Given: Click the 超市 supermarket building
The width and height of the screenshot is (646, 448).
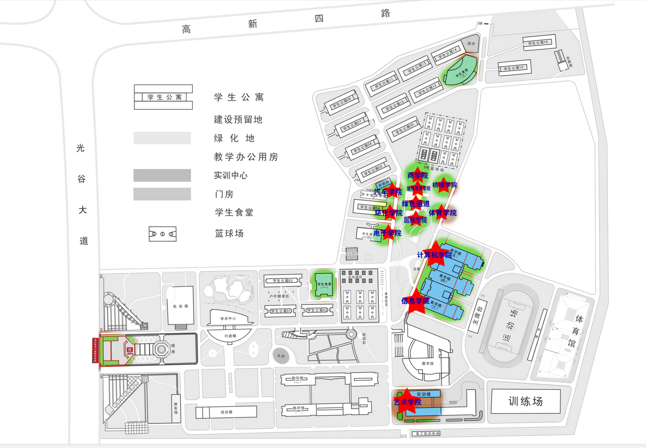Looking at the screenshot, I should click(x=471, y=43).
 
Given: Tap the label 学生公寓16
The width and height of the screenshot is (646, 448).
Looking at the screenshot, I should click(x=538, y=43).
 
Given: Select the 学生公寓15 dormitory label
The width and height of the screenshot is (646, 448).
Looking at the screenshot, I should click(x=514, y=68).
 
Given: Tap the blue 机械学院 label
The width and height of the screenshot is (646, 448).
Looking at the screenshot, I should click(x=445, y=185).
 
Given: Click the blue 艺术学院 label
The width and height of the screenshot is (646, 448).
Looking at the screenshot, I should click(x=408, y=402).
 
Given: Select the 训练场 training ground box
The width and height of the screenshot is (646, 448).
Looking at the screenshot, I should click(x=526, y=401).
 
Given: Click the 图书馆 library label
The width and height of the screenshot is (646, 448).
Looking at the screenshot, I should click(x=428, y=363).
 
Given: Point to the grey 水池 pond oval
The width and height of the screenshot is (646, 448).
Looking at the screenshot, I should click(x=281, y=356).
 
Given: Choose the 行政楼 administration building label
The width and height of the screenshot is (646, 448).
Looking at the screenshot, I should click(x=230, y=336).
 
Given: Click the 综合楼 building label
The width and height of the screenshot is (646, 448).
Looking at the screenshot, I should click(x=226, y=412).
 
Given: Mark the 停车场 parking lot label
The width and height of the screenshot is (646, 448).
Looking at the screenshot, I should click(x=176, y=408).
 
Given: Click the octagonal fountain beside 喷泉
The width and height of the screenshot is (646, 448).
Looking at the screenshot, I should click(x=161, y=349).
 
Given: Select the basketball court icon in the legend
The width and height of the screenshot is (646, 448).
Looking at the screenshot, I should click(x=162, y=234).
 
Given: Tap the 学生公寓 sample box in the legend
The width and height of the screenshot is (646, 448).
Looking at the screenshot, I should click(x=164, y=97).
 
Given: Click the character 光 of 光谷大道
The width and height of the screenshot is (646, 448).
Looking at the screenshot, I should click(x=80, y=148).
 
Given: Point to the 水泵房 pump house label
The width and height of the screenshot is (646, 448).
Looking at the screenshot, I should click(x=569, y=62).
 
